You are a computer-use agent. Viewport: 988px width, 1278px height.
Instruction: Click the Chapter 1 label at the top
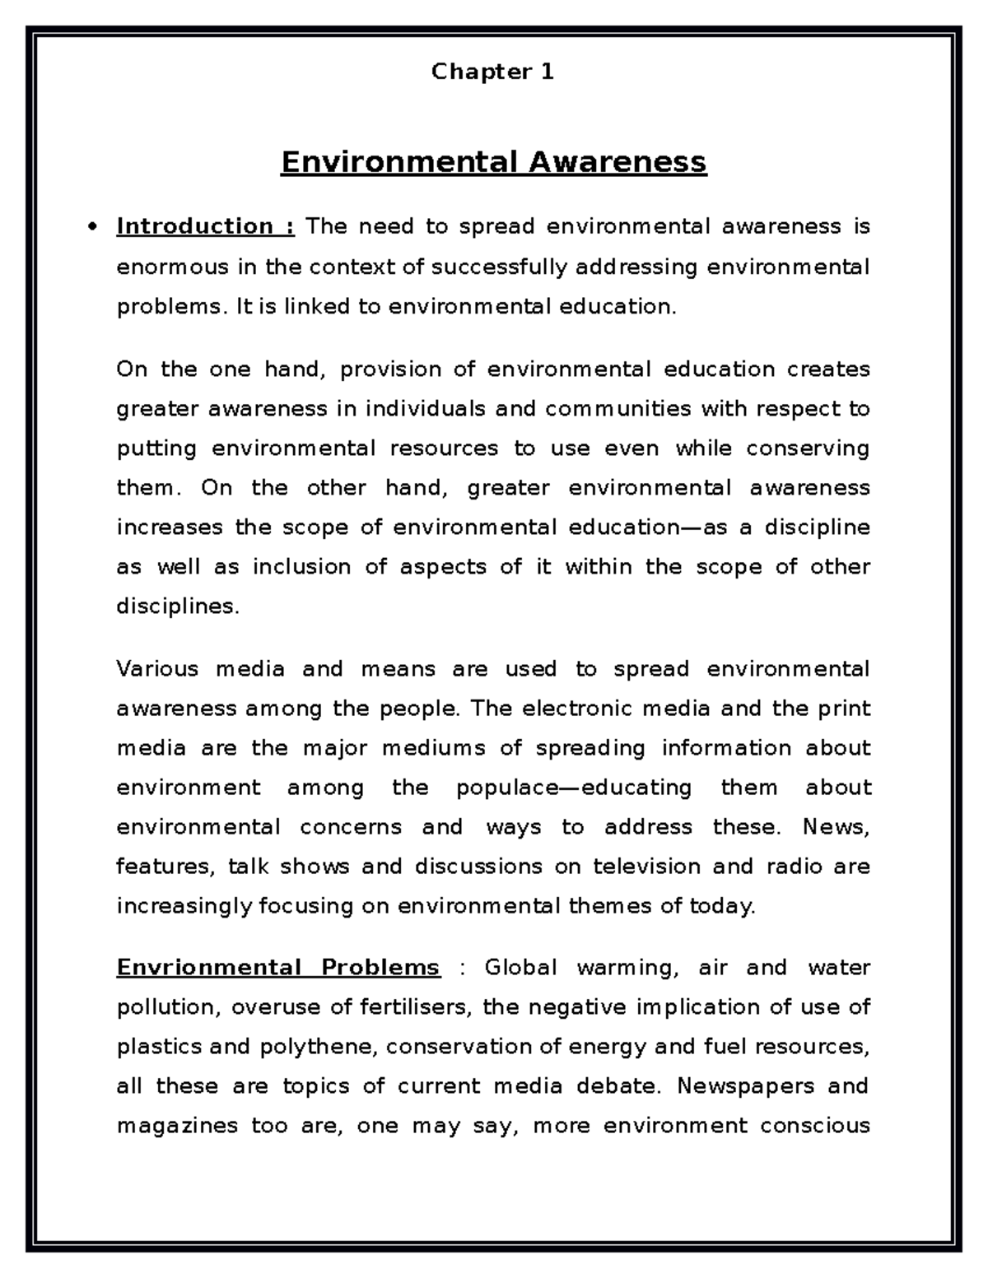492,72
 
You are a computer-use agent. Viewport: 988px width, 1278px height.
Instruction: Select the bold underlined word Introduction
195,226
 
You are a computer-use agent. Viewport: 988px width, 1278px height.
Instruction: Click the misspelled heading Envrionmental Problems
277,967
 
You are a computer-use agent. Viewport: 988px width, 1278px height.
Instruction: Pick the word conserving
808,448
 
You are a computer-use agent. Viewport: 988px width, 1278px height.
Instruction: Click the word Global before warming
521,967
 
